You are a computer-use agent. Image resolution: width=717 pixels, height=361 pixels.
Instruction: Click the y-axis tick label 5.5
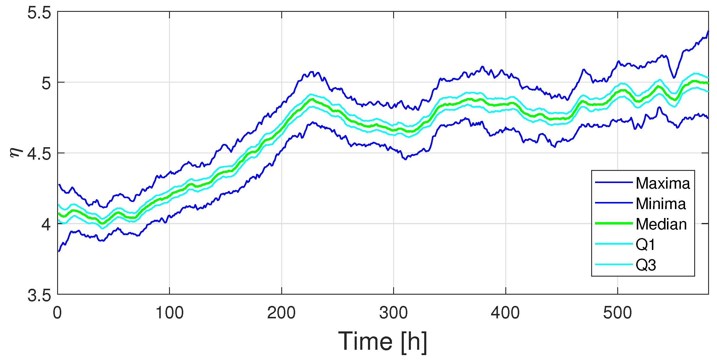click(x=39, y=13)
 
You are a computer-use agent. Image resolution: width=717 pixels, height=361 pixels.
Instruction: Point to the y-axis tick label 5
click(x=46, y=83)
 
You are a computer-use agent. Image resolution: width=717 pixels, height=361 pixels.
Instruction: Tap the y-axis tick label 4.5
click(x=39, y=154)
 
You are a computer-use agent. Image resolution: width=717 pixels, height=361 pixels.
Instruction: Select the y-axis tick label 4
click(x=46, y=224)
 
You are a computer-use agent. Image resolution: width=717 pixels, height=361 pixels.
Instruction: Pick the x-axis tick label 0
click(x=57, y=313)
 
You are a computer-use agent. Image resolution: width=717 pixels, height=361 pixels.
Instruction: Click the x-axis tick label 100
click(x=170, y=313)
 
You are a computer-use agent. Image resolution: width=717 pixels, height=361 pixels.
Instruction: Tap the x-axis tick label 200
click(x=282, y=313)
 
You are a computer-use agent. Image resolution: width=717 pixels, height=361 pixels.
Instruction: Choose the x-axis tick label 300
click(x=393, y=313)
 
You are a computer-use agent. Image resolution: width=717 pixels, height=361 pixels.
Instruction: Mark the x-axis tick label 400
click(x=505, y=313)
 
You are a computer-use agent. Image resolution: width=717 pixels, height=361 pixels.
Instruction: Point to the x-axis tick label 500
click(x=618, y=313)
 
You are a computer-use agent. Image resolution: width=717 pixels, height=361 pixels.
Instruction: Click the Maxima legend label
click(x=663, y=183)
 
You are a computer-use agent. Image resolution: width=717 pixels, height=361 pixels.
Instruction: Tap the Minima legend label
click(x=661, y=204)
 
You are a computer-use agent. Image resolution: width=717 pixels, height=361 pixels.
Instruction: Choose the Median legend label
click(x=661, y=224)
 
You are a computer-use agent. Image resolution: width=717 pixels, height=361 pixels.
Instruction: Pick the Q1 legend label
click(x=645, y=245)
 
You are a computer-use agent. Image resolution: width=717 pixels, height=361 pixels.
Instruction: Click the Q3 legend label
click(x=646, y=265)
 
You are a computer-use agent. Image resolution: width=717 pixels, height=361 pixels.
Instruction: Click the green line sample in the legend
click(x=614, y=223)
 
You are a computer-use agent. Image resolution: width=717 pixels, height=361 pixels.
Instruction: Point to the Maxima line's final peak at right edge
click(x=708, y=31)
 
